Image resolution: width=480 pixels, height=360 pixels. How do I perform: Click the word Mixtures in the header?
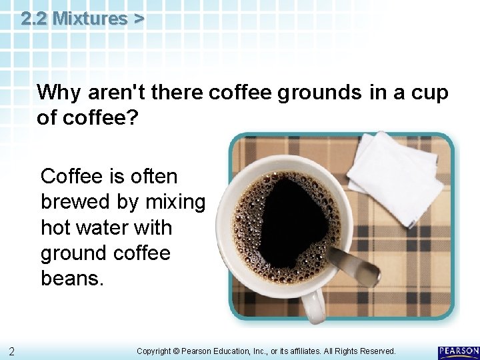pos(89,19)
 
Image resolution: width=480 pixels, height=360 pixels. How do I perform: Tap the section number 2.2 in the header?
pos(34,19)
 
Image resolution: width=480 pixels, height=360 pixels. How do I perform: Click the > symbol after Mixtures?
pos(137,19)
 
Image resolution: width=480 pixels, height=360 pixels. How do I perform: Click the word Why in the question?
pos(56,93)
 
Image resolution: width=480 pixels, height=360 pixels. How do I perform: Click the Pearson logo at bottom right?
pos(458,351)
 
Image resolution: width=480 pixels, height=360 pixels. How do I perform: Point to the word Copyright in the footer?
pos(155,351)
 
